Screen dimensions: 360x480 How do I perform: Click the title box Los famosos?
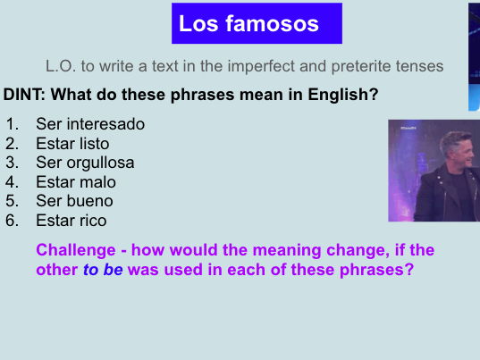tap(257, 23)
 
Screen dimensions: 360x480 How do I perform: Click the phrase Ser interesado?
tap(90, 124)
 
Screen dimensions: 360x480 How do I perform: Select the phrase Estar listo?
tap(72, 143)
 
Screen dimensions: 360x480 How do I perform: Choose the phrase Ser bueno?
tap(74, 201)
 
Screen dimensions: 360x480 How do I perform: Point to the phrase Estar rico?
tap(71, 220)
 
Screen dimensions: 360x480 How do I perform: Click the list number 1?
tap(12, 124)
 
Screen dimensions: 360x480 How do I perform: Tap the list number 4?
tap(12, 181)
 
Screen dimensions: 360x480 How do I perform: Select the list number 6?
tap(12, 220)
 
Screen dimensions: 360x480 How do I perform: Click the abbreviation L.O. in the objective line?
tap(61, 67)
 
